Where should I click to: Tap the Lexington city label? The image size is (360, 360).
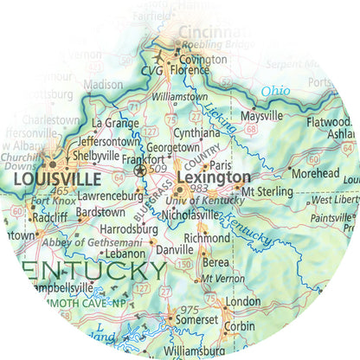(208, 177)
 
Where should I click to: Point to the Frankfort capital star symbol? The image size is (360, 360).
(141, 171)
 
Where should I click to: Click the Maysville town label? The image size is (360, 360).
(262, 115)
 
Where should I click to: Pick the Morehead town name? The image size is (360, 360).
(315, 173)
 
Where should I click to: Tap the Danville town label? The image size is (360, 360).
(174, 249)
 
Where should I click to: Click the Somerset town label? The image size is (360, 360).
(198, 320)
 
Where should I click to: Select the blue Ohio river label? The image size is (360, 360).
(275, 91)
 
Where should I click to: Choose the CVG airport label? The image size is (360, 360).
(151, 68)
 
